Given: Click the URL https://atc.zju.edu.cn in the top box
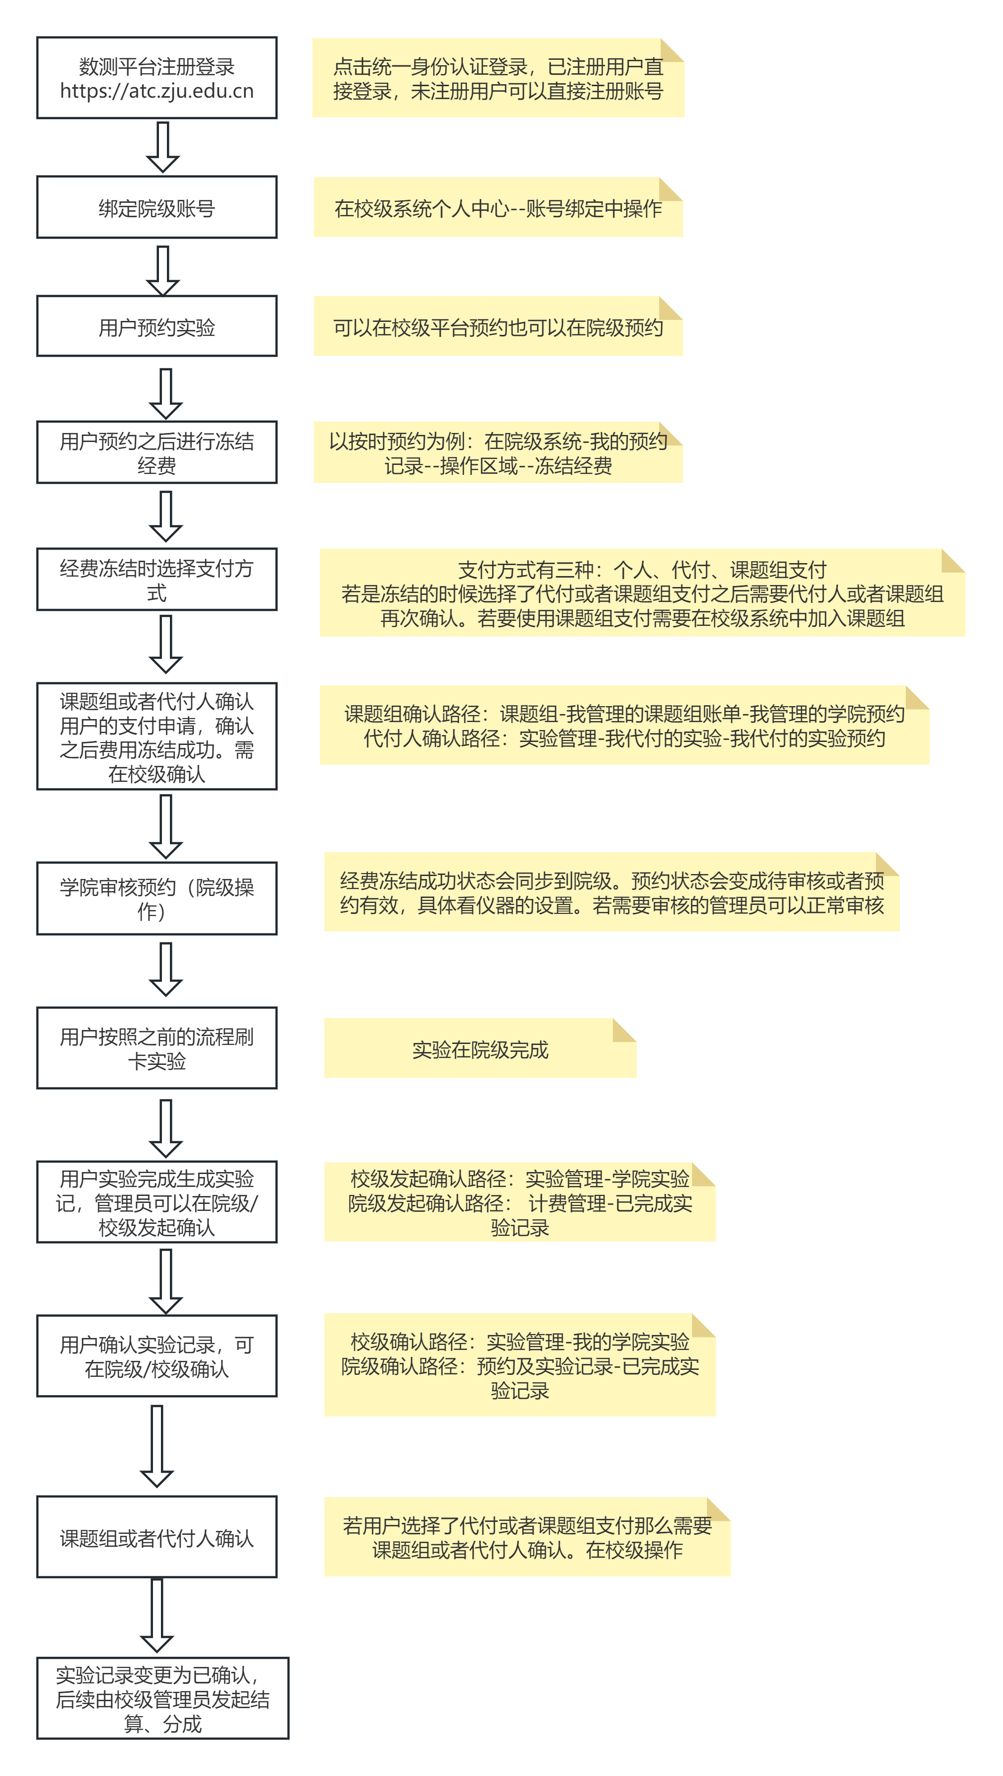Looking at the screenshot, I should coord(156,91).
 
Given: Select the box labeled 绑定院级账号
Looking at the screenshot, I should coord(156,207).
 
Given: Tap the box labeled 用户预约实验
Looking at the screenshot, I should coord(156,327).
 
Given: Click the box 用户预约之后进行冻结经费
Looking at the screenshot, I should coord(156,452).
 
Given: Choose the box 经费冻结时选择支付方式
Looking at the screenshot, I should coord(156,580).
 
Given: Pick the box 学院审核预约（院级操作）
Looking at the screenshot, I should coord(156,898).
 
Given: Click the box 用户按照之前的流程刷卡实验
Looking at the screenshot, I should coord(156,1048).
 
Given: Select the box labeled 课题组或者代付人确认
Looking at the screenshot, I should coord(156,1537).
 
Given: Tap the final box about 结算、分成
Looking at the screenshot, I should coord(163,1699).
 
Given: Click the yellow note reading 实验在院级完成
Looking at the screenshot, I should coord(480,1049).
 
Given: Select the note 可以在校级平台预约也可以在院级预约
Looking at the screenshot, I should coord(498,327).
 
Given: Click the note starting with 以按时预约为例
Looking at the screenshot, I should coord(498,453).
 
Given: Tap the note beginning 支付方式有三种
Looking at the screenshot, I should coord(642,593).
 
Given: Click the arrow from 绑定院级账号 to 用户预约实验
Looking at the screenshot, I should coord(163,270).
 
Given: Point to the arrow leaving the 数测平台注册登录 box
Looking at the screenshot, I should coord(163,147).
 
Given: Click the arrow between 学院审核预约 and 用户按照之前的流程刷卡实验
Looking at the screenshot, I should coord(165,969).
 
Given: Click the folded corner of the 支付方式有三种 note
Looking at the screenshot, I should coord(952,561).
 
